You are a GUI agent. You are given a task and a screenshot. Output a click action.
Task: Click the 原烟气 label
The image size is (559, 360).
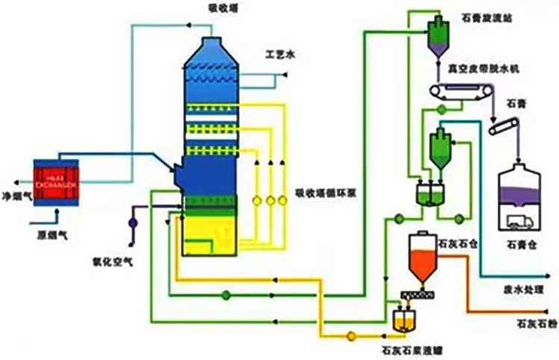coord(43,223)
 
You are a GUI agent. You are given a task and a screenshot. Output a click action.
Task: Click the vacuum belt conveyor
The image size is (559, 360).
coord(462,92)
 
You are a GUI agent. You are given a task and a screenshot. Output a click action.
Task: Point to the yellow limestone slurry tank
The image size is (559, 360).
coord(403,319)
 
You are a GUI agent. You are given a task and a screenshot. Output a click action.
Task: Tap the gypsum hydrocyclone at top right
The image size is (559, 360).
coord(437,30)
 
